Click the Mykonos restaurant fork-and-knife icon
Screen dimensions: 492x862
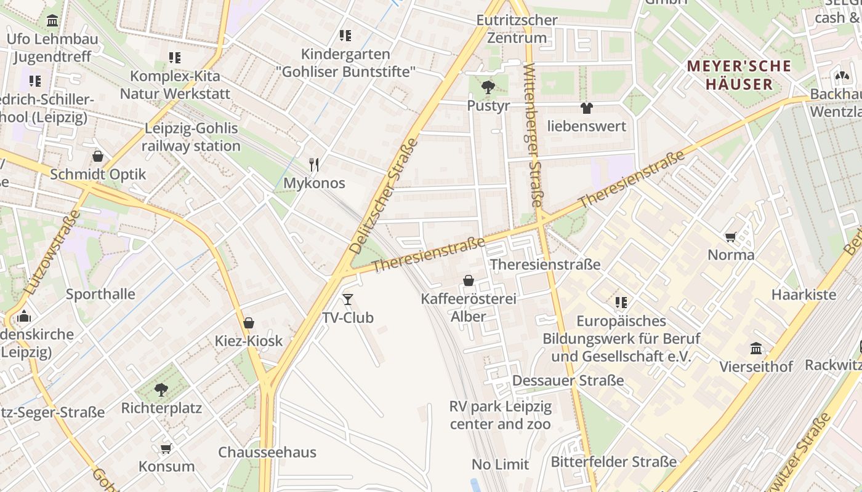[x=314, y=164]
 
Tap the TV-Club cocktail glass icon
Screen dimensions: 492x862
[x=348, y=300]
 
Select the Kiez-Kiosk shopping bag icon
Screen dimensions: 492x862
[x=249, y=323]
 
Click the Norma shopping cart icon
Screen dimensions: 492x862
[x=731, y=237]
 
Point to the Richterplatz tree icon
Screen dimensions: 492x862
[x=161, y=389]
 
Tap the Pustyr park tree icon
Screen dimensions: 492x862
[x=488, y=87]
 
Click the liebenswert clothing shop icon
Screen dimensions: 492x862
[x=587, y=108]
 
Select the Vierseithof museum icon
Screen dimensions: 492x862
[x=756, y=349]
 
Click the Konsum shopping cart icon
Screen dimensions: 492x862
[x=166, y=448]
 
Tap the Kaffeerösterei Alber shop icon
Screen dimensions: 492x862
[x=469, y=280]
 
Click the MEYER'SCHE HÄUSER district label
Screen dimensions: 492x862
[x=739, y=75]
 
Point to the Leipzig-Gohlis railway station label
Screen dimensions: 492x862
[x=191, y=137]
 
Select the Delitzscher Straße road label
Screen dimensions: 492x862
[x=384, y=196]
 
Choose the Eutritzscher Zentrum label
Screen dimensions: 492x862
[x=517, y=29]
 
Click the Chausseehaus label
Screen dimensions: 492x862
[x=267, y=452]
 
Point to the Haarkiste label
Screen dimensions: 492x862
[x=804, y=294]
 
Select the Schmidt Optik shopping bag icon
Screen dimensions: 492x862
[x=97, y=156]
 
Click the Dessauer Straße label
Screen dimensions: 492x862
[x=568, y=380]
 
